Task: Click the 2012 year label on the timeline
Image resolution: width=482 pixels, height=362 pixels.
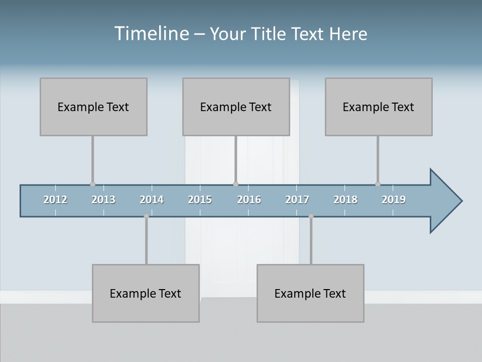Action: point(55,200)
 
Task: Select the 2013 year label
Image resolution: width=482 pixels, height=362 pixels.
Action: point(103,200)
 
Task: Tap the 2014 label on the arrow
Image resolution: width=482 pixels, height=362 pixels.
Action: point(152,200)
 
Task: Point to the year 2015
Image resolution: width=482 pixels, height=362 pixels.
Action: point(200,200)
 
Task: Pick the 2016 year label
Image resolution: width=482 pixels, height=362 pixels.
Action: point(249,200)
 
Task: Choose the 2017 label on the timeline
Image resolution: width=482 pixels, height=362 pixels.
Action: point(297,200)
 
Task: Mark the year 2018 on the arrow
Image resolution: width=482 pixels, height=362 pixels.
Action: point(345,200)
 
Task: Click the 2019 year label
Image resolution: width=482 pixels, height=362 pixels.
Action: point(394,200)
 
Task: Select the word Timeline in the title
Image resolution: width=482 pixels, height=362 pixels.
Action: point(151,34)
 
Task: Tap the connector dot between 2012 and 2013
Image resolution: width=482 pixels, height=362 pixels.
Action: point(92,185)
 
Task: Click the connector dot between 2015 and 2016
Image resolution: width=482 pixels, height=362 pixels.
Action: point(235,185)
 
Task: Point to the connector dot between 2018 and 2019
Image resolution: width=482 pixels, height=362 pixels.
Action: point(378,185)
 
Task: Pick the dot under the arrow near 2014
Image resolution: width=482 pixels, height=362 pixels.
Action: point(146,216)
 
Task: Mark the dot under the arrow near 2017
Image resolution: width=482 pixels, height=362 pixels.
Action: point(311,216)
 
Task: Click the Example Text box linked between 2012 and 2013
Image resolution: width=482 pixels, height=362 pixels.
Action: point(93,107)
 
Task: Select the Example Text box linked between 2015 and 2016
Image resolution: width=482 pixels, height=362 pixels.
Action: point(236,107)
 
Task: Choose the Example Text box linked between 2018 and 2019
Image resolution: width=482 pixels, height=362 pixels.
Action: point(379,107)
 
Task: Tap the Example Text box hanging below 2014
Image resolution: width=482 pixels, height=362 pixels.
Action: point(146,293)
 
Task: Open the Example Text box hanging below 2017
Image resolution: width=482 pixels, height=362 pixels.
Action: point(310,293)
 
